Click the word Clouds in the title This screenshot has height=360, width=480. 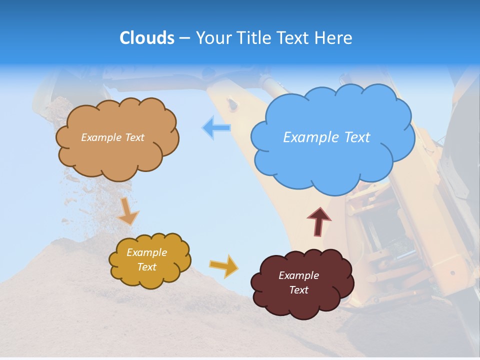point(147,38)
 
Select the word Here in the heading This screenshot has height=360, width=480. point(333,38)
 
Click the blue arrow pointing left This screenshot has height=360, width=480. point(216,127)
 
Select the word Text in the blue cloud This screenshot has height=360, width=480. point(356,137)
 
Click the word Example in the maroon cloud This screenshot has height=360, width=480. point(298,275)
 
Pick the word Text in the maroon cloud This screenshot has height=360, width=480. point(298,290)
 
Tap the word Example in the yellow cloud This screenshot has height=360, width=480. point(146,252)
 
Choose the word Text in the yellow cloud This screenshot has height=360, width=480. point(146,267)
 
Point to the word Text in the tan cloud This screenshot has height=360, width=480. point(133,137)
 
